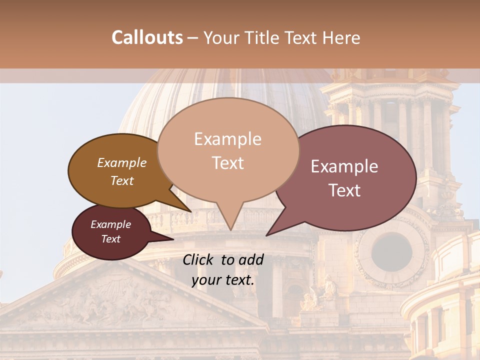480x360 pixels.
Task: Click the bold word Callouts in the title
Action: tap(147, 37)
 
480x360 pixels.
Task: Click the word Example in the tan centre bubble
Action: tap(227, 139)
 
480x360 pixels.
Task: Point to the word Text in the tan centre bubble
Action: tap(227, 163)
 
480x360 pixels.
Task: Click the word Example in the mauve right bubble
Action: tap(344, 166)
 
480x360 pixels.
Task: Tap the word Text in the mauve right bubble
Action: tap(345, 190)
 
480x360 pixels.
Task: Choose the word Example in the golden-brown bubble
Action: tap(121, 163)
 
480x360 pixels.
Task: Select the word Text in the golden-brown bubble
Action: tap(122, 180)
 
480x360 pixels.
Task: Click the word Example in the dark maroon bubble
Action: tap(110, 224)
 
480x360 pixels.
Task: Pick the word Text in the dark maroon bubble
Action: tap(111, 239)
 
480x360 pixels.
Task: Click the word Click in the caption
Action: tap(199, 259)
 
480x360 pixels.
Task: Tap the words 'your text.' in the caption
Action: tap(223, 280)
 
